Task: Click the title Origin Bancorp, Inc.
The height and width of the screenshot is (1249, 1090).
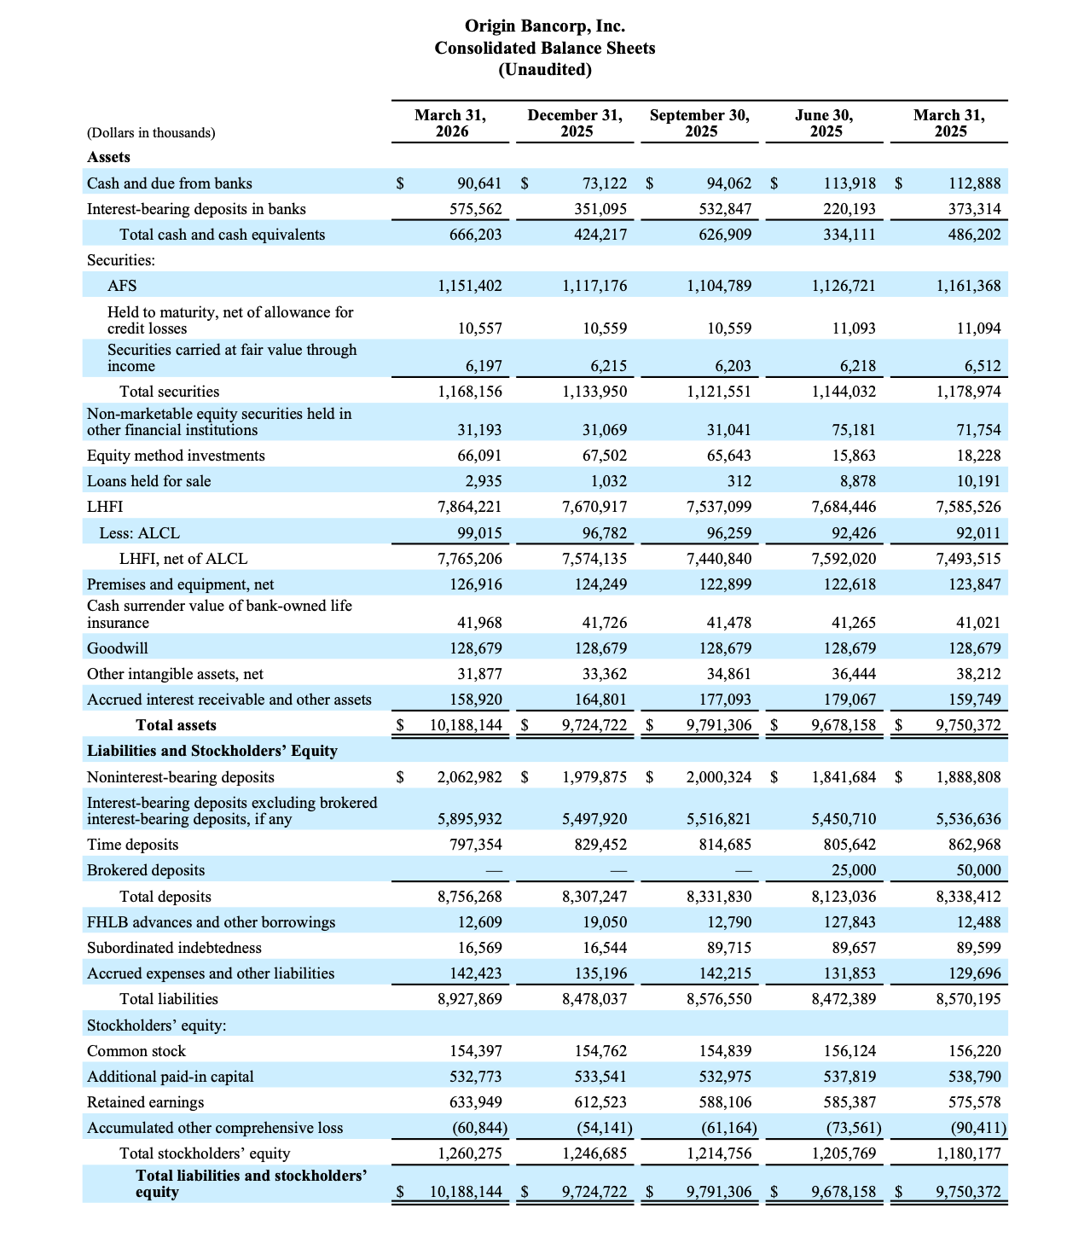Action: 545,26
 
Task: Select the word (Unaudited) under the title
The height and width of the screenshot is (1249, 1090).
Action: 545,70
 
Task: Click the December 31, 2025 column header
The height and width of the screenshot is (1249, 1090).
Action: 576,123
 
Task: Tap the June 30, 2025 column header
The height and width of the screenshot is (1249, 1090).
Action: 825,123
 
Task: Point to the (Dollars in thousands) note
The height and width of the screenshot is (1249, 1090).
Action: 151,132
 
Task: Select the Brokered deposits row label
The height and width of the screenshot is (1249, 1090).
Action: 146,870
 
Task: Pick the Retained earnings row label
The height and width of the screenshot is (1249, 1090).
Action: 146,1102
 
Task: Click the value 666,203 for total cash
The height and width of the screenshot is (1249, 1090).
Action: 476,235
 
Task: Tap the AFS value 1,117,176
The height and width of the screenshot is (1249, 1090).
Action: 595,286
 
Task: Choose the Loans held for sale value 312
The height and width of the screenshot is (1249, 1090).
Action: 739,481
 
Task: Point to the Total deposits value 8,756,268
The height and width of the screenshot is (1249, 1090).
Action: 470,897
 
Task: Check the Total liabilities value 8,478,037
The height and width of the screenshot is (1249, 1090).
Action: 595,999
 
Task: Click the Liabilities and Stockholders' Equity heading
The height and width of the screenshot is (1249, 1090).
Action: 212,751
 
